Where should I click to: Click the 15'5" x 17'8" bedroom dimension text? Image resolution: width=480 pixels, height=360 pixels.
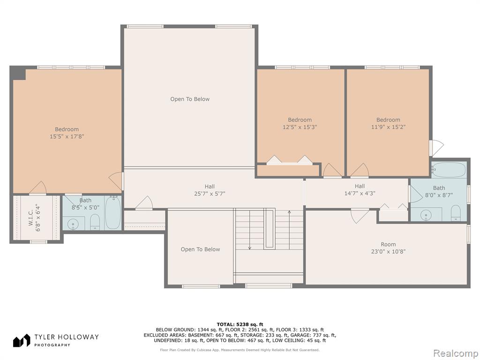(x=67, y=136)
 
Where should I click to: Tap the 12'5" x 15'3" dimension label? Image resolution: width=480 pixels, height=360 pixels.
(x=300, y=127)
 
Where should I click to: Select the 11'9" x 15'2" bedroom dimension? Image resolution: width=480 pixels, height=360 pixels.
(x=388, y=127)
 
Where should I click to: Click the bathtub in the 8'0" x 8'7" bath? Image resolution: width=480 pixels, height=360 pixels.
(x=449, y=169)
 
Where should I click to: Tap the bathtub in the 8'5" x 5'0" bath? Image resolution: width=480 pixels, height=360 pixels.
(x=113, y=212)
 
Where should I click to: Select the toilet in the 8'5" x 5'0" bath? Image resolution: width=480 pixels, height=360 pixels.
(x=95, y=222)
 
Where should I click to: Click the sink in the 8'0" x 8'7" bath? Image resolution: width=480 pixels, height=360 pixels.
(x=426, y=215)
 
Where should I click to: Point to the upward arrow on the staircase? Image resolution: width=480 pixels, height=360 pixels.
(x=289, y=230)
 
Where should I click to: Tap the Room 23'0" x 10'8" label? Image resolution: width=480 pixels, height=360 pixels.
(x=388, y=248)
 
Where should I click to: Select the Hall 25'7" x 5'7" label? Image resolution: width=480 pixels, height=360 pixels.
(x=210, y=190)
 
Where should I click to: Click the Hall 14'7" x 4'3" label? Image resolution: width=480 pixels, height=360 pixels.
(x=360, y=190)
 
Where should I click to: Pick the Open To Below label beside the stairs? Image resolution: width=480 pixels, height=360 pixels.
(x=200, y=249)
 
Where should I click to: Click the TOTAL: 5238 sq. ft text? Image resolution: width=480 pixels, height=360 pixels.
(x=240, y=324)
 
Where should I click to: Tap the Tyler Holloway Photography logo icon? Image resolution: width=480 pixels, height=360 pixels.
(x=22, y=340)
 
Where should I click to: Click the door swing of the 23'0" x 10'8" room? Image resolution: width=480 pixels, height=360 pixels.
(x=360, y=216)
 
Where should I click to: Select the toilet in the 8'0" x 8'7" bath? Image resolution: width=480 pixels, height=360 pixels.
(x=456, y=213)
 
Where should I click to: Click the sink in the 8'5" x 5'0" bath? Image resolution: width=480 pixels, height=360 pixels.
(x=73, y=224)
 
